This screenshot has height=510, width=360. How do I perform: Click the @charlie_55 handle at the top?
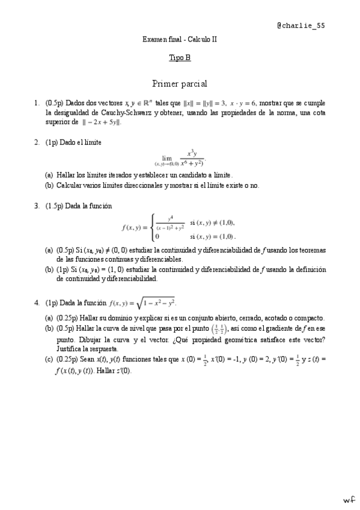tap(301, 26)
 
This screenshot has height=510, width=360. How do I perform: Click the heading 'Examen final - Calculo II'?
tap(180, 39)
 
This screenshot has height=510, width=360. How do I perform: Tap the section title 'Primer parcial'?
tap(180, 84)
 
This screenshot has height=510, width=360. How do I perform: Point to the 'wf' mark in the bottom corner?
tap(349, 500)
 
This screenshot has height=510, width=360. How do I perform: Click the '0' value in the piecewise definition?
tap(157, 236)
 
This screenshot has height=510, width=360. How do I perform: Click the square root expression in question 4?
tap(160, 302)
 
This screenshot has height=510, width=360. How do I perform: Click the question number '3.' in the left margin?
tap(37, 206)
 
